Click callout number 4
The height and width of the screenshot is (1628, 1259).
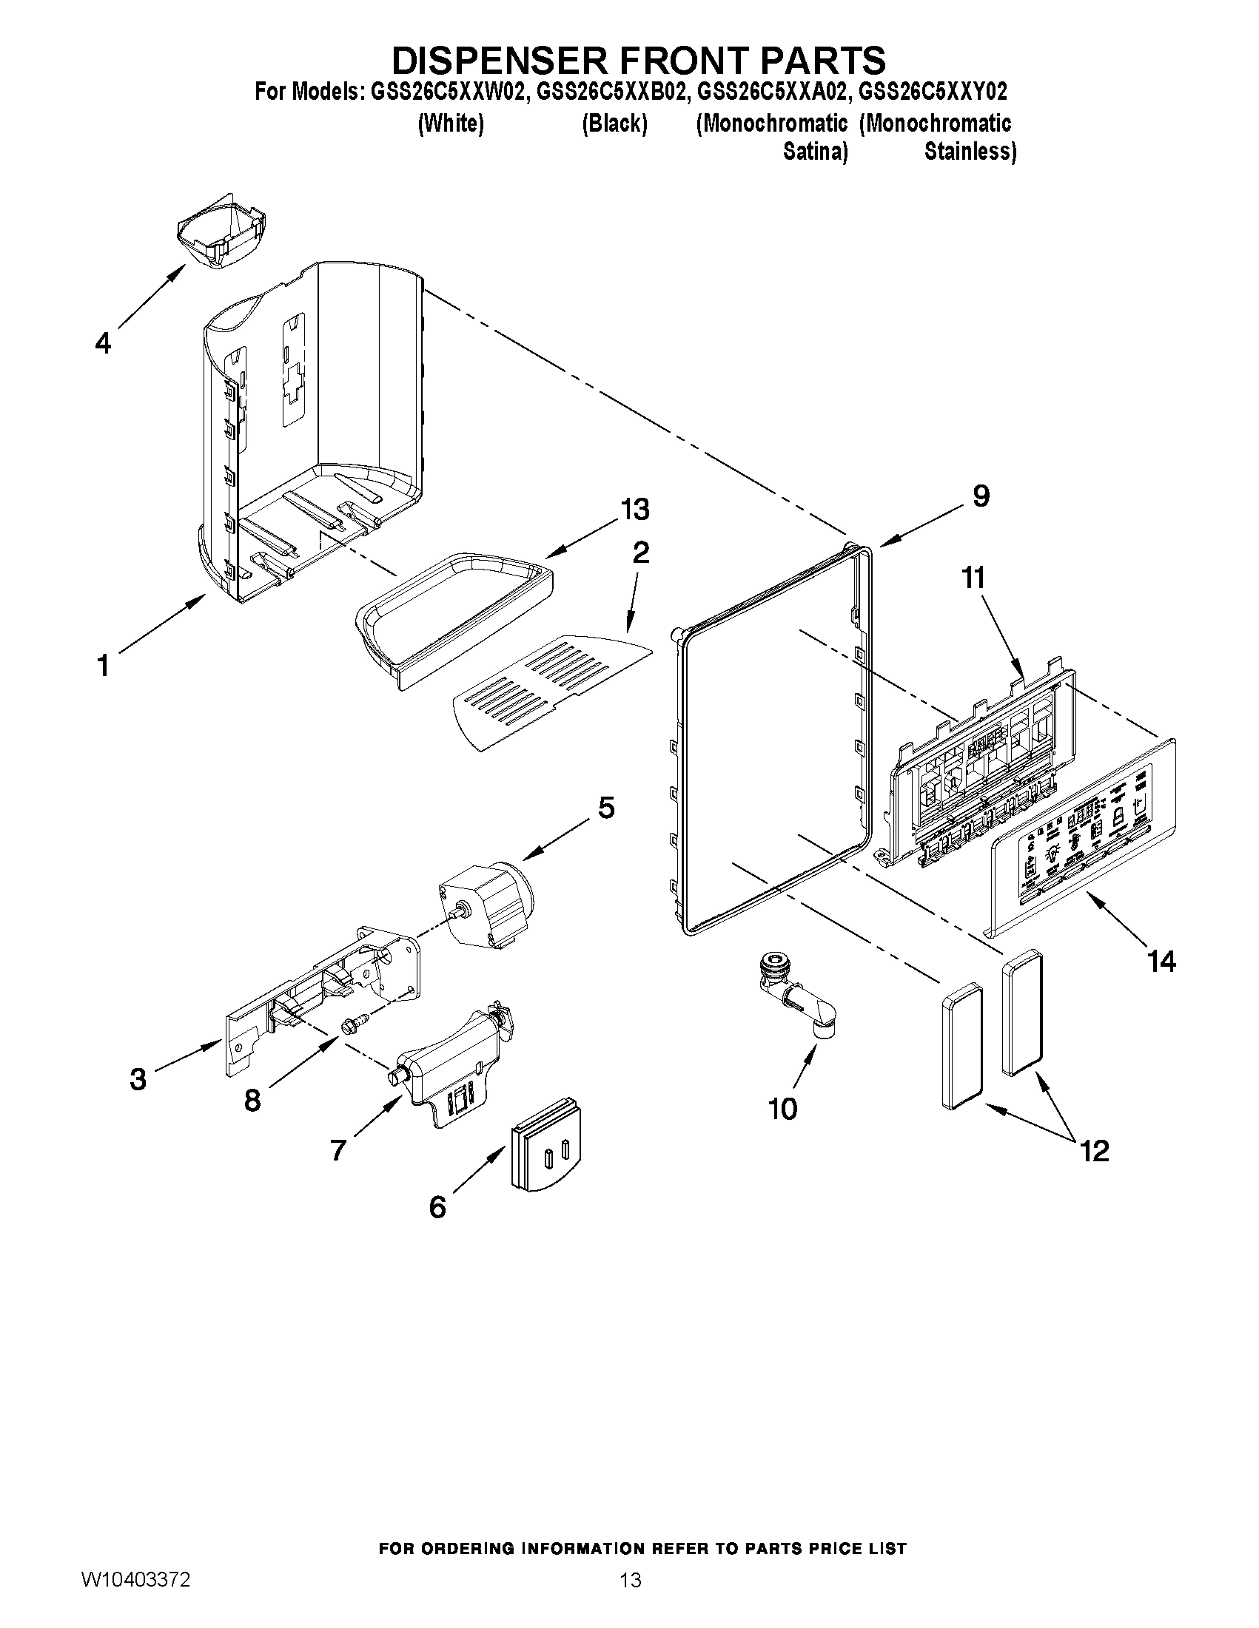(x=103, y=343)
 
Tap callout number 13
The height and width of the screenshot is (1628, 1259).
(x=635, y=510)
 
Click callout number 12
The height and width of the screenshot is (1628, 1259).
(x=1094, y=1151)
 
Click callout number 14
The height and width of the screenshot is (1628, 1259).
(x=1161, y=962)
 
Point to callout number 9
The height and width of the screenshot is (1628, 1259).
(x=981, y=496)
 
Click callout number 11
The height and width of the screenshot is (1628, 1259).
(x=974, y=577)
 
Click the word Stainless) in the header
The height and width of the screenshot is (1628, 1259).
(x=970, y=152)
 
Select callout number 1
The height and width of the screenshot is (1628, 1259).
(x=103, y=665)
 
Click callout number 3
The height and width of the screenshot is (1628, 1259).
(x=138, y=1078)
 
